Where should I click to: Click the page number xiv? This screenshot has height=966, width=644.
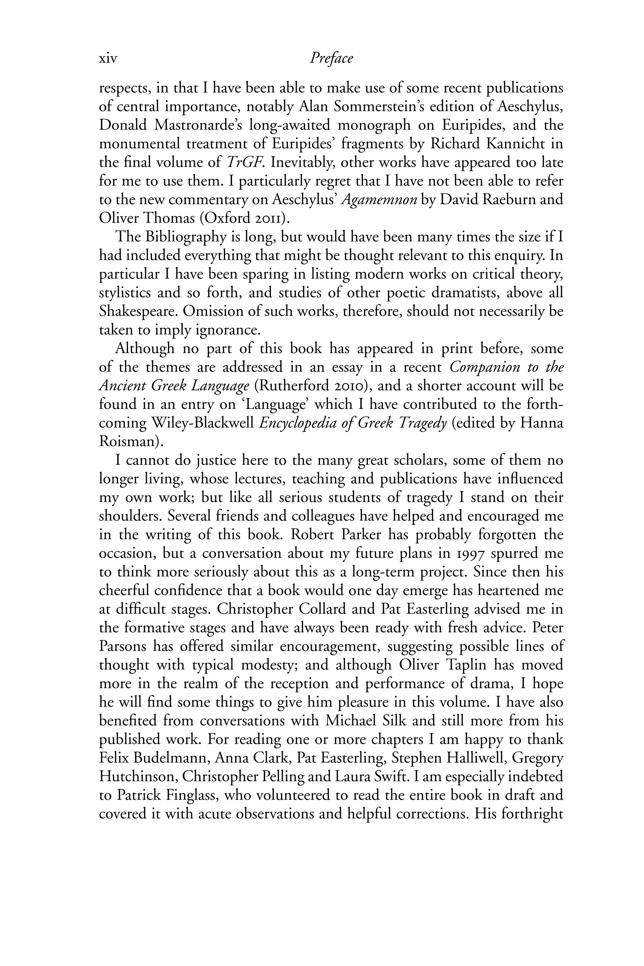[x=108, y=59]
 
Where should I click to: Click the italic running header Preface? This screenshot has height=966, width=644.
[x=331, y=58]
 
